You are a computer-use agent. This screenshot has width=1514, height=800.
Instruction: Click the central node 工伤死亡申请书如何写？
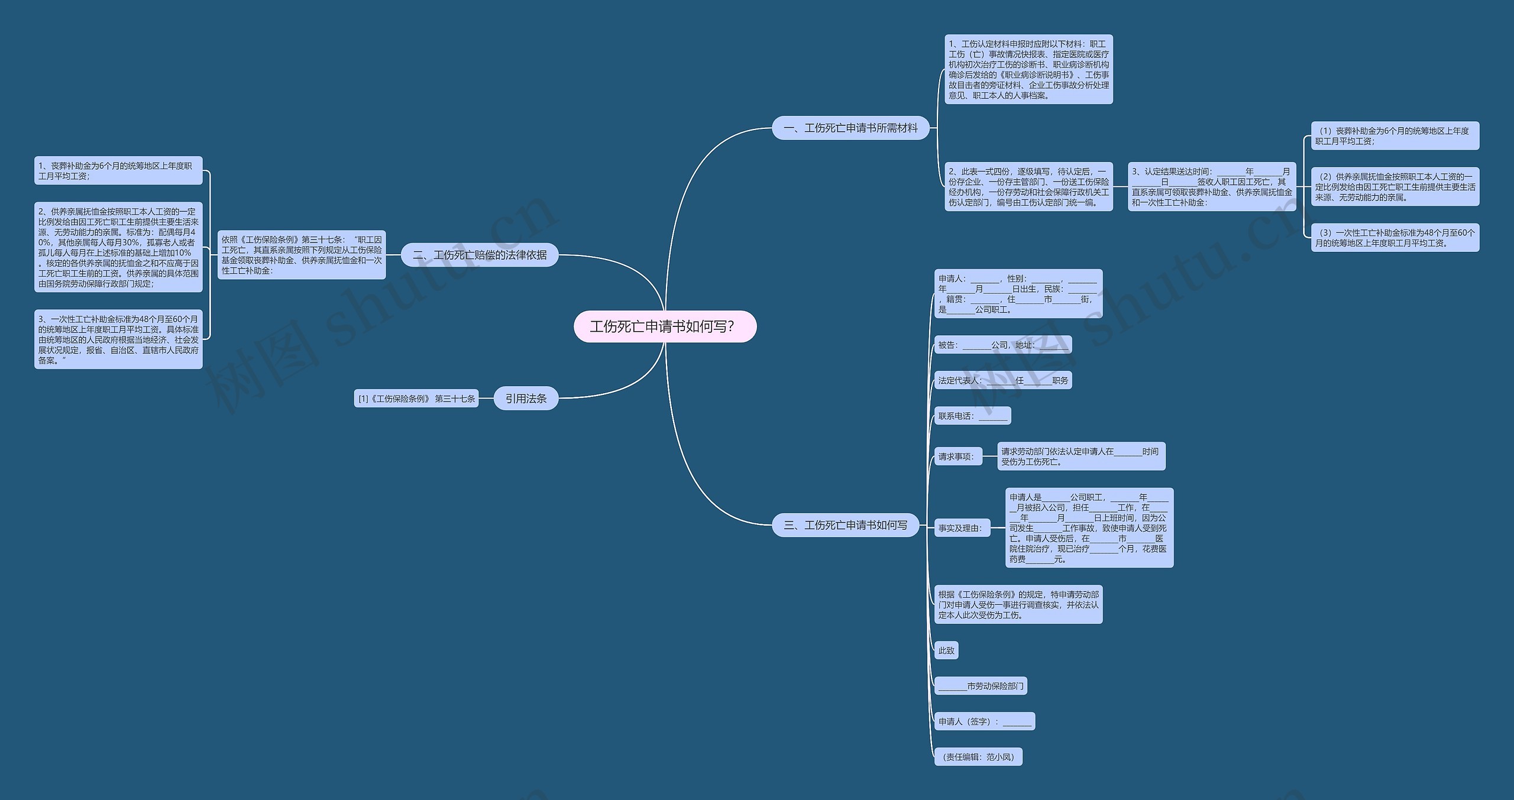point(665,326)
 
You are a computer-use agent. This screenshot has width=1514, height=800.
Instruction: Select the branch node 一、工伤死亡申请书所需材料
point(850,128)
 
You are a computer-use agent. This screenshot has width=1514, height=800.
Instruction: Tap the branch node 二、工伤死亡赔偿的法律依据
point(480,255)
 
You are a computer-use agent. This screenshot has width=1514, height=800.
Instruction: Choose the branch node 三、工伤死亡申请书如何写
point(845,525)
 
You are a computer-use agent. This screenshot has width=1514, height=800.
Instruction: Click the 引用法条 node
point(526,399)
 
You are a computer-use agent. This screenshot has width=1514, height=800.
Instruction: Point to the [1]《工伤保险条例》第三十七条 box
point(416,399)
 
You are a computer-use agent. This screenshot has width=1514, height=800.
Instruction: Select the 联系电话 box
point(972,416)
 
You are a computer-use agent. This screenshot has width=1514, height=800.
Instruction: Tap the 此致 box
point(946,650)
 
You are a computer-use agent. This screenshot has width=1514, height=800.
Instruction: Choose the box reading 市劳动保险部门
point(981,686)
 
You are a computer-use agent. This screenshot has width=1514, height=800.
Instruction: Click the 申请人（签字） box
point(985,721)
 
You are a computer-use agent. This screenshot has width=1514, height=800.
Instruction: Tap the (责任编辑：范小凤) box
point(978,757)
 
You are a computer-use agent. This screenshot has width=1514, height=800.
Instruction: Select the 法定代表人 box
point(1003,380)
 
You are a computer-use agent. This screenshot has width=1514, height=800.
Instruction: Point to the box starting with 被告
point(1003,345)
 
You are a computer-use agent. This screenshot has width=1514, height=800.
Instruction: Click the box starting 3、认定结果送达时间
point(1212,187)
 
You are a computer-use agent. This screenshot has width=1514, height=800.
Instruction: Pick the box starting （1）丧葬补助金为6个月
point(1395,136)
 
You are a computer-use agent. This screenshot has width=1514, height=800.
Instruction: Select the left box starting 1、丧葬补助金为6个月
point(118,171)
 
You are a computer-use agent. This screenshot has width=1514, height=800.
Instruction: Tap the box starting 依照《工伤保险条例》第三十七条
point(302,255)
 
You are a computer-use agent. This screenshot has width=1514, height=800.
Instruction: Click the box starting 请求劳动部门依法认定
point(1081,456)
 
